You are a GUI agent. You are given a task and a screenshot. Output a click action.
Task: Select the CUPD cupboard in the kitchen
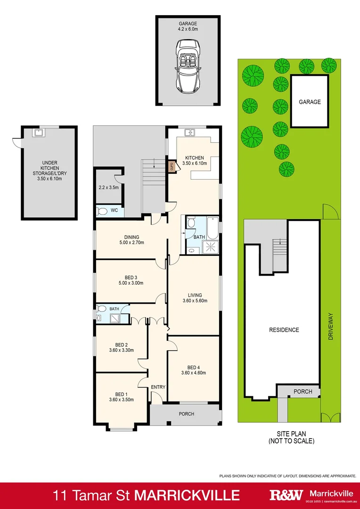[172, 166]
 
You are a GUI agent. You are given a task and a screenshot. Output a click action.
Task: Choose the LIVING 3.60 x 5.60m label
[195, 297]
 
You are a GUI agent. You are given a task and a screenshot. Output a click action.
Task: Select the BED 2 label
[121, 347]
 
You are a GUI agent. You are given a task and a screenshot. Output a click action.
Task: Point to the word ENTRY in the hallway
[158, 387]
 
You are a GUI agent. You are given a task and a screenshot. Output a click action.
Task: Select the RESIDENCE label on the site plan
[284, 330]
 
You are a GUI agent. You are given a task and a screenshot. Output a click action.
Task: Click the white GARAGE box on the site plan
[309, 101]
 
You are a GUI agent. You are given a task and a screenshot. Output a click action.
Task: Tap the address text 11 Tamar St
[92, 495]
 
